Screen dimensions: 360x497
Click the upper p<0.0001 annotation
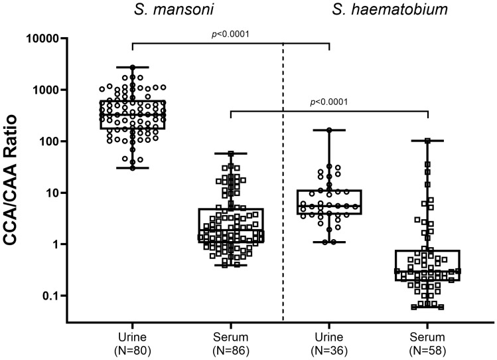(x=231, y=33)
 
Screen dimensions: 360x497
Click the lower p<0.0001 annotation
(x=330, y=102)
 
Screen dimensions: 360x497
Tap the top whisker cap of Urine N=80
(x=132, y=67)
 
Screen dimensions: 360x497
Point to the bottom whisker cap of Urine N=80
(x=132, y=168)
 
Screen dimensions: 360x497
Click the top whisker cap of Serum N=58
(x=428, y=141)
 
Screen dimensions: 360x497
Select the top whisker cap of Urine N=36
(x=329, y=130)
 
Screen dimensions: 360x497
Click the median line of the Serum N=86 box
(x=231, y=230)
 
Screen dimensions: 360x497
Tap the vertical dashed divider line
(x=283, y=199)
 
